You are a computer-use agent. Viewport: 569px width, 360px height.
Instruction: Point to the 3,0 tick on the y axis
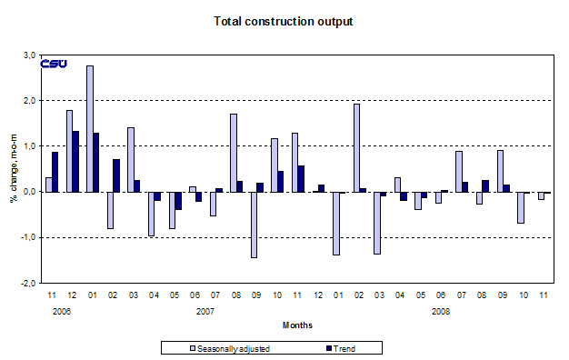coord(29,55)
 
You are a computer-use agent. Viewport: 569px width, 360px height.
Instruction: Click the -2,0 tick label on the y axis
coord(27,283)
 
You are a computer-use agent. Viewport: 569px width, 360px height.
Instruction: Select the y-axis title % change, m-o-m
coord(14,169)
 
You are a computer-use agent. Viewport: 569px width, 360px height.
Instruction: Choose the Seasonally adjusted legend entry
coord(216,346)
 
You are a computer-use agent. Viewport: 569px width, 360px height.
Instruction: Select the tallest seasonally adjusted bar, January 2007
coord(90,128)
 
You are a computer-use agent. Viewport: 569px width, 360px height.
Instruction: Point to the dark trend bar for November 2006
coord(55,172)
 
